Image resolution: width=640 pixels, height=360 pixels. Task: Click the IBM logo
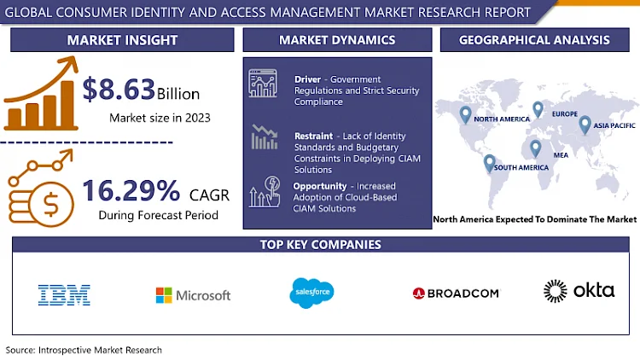64,295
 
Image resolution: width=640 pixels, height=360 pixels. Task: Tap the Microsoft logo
193,295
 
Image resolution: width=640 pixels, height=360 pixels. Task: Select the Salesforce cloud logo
311,293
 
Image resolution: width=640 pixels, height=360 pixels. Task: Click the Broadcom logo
456,293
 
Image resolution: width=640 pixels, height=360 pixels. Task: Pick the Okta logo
579,291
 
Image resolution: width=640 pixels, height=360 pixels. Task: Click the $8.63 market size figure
119,89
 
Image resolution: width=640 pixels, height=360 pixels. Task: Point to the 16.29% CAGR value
131,190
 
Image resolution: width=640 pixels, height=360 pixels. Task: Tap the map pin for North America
465,115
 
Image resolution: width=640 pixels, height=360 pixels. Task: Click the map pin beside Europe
538,109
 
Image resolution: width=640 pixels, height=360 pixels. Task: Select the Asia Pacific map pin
585,125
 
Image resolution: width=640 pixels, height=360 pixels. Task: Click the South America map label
521,167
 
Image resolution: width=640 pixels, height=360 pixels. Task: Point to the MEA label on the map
561,155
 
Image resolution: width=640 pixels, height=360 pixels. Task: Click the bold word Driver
308,79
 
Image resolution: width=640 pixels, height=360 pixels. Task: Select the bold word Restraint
313,136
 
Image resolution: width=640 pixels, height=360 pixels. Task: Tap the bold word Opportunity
320,186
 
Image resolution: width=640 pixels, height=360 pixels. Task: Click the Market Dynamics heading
337,40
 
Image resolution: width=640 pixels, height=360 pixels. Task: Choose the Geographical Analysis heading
534,40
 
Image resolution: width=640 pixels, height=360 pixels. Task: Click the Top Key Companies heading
320,245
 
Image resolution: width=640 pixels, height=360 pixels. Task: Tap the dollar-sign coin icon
51,204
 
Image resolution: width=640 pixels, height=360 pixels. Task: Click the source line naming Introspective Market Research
84,350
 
